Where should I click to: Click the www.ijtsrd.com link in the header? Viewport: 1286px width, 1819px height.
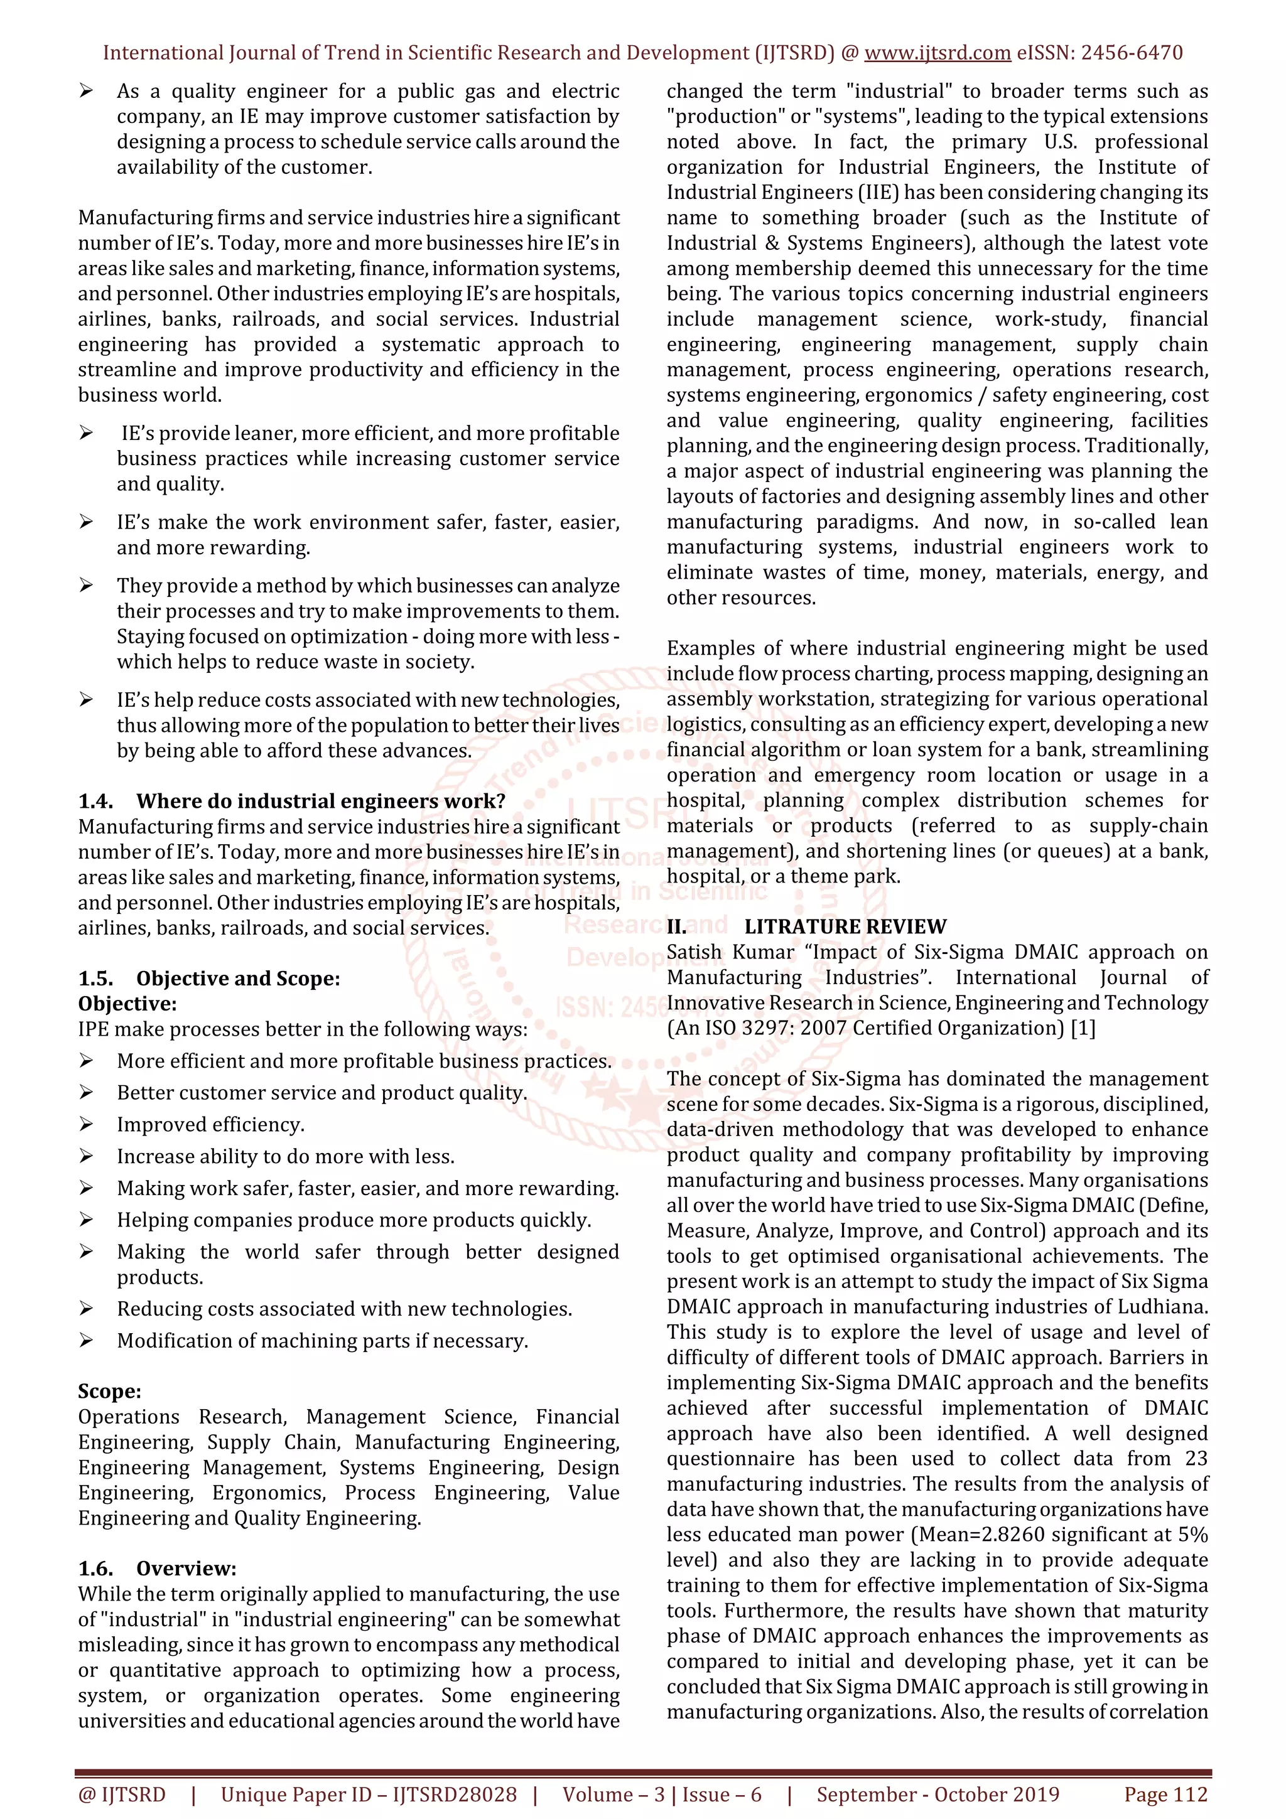pos(937,53)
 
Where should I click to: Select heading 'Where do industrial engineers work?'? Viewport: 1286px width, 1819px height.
pos(320,801)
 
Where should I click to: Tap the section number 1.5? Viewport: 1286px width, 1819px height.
pos(95,979)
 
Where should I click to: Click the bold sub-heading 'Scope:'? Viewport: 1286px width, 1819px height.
pos(109,1391)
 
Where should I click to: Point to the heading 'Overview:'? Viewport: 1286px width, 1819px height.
pos(186,1569)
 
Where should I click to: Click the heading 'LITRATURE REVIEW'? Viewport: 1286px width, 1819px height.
pos(845,927)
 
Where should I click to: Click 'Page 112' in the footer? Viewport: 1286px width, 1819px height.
pos(1165,1795)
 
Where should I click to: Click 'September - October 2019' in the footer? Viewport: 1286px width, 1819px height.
pos(937,1795)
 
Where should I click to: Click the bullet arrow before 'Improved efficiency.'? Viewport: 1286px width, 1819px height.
pos(87,1124)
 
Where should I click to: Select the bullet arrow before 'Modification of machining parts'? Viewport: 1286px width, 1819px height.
pos(87,1341)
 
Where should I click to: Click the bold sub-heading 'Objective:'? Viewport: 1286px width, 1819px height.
pos(127,1004)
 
